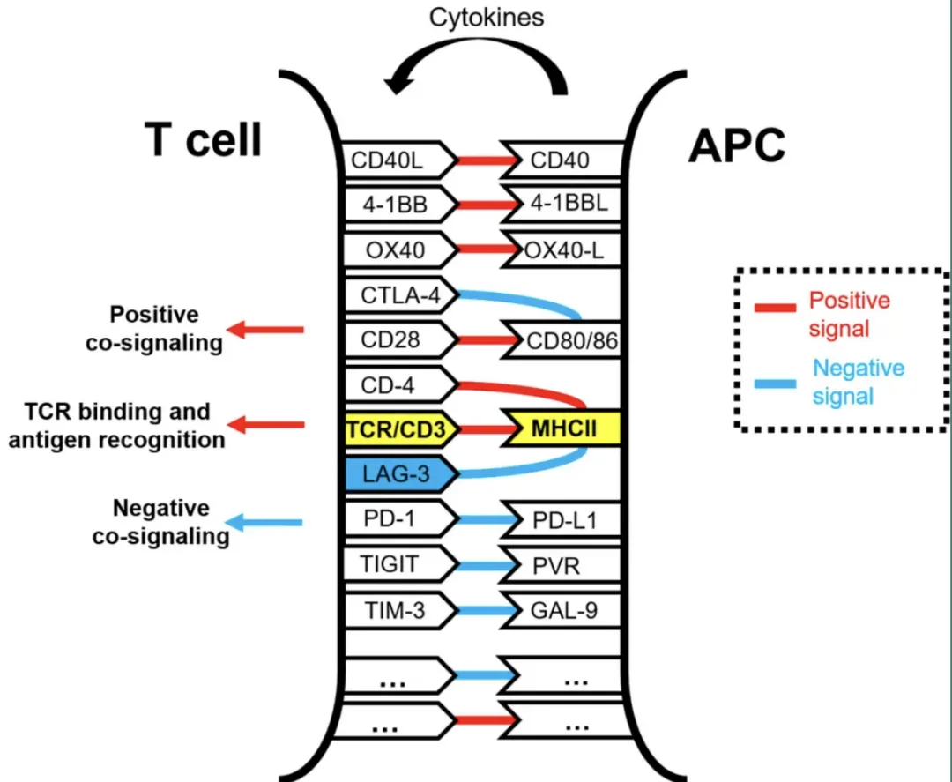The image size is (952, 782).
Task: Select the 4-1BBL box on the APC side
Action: coord(564,205)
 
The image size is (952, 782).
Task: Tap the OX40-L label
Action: coord(564,251)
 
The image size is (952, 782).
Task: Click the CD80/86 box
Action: coord(569,341)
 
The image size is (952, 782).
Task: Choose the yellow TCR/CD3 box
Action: coord(401,429)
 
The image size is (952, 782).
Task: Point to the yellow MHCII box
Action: coord(564,429)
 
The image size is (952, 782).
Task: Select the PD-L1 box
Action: coord(564,520)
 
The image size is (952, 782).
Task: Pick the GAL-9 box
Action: coord(564,610)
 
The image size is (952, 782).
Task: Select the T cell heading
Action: coord(203,138)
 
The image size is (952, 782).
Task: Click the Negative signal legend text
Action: coord(857,381)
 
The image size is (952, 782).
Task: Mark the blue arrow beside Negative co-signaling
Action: coord(264,523)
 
